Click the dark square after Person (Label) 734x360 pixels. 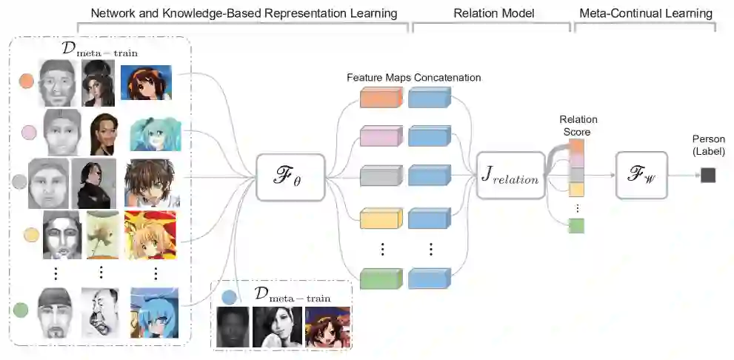point(708,175)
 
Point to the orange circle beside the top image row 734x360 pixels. point(26,80)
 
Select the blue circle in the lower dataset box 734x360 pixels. point(229,298)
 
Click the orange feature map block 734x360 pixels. point(381,98)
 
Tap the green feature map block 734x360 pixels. point(381,279)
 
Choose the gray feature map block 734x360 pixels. point(381,176)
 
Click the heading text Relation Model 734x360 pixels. point(490,13)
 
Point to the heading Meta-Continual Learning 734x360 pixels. point(644,13)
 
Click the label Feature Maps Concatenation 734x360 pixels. point(413,77)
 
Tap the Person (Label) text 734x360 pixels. point(708,145)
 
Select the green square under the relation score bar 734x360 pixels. point(576,226)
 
